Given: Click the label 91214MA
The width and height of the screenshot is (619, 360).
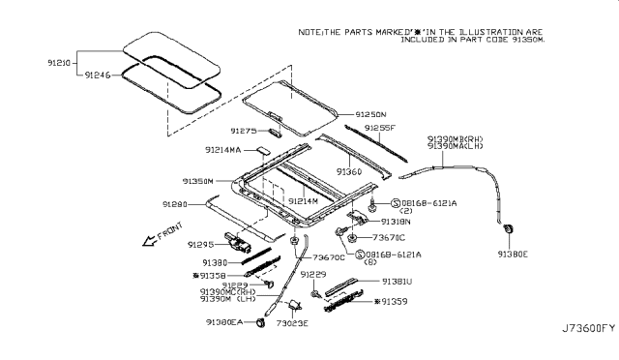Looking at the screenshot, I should (x=225, y=150).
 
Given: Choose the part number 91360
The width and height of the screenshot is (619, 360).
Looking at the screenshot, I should (x=350, y=171).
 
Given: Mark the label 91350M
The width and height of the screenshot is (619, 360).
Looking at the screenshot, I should (x=200, y=181).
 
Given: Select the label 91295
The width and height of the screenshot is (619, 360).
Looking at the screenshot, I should (x=203, y=244).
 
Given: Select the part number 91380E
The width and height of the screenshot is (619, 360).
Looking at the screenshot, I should (x=513, y=255).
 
